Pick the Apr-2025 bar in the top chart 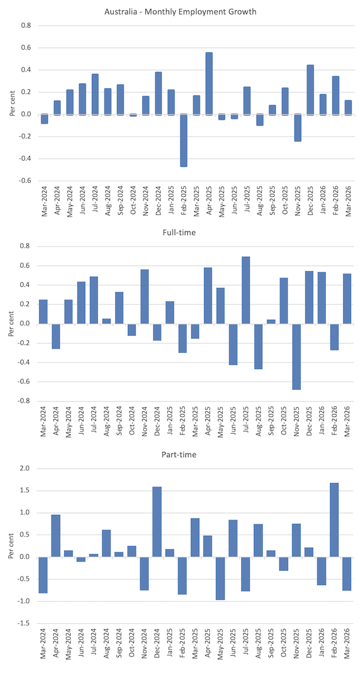point(209,83)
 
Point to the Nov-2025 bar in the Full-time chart point(297,356)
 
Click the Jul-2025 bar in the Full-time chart point(246,290)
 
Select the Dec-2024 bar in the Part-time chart point(157,521)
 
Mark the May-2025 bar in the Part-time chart point(221,578)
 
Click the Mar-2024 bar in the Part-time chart point(43,575)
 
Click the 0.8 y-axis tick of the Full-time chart point(26,246)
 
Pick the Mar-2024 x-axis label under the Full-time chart point(44,421)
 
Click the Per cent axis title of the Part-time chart point(11,545)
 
